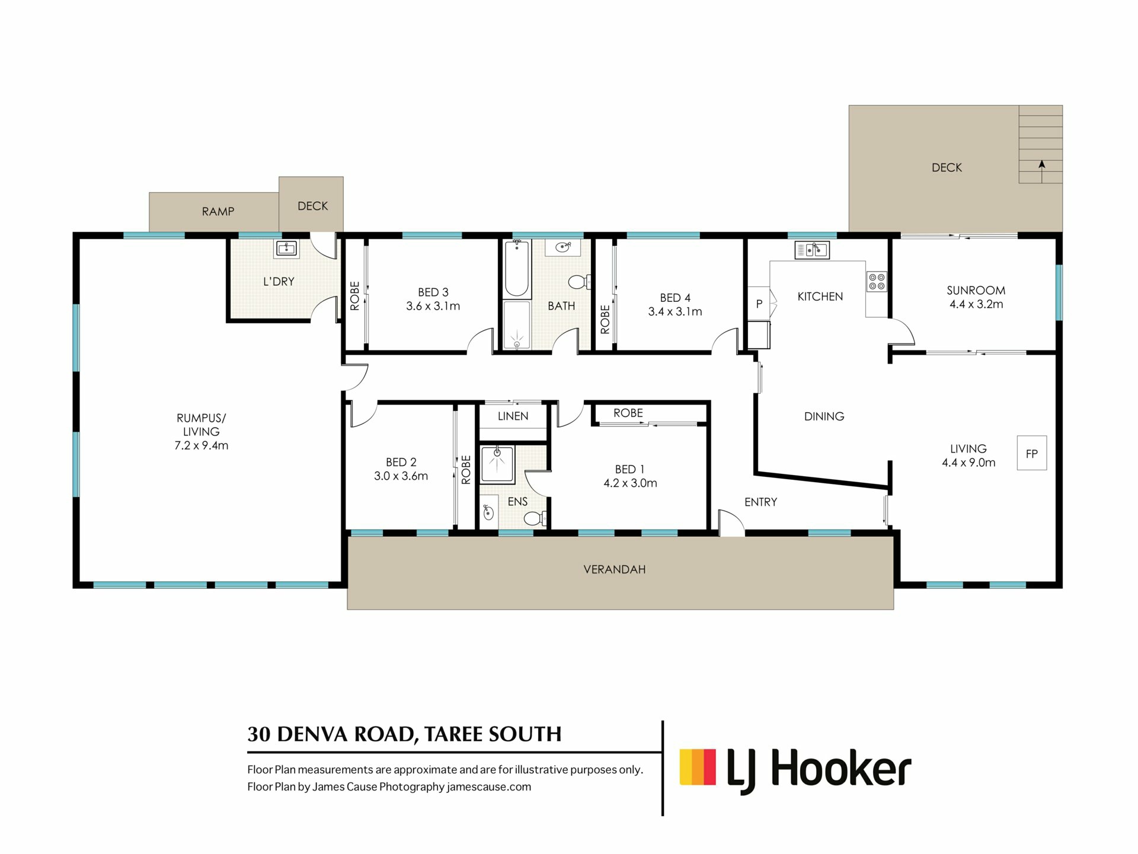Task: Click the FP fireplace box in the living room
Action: [x=1031, y=453]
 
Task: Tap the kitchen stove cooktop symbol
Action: [x=877, y=282]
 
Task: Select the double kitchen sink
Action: [x=811, y=250]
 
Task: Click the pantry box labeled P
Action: [x=759, y=304]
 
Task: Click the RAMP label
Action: [x=218, y=212]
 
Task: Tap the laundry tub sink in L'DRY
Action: [x=286, y=248]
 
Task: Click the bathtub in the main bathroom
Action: [x=516, y=268]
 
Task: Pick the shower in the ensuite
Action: [x=497, y=464]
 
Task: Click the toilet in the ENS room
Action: [x=535, y=519]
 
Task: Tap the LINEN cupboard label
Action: [x=513, y=416]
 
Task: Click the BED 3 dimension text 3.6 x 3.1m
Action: [x=433, y=307]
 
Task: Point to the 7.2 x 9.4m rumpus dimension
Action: [x=201, y=446]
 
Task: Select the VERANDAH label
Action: [x=614, y=569]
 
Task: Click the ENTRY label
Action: [x=760, y=502]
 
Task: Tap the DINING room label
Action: [x=824, y=416]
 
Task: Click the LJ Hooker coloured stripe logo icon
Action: [x=698, y=767]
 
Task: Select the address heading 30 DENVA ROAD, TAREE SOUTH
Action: [x=404, y=734]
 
